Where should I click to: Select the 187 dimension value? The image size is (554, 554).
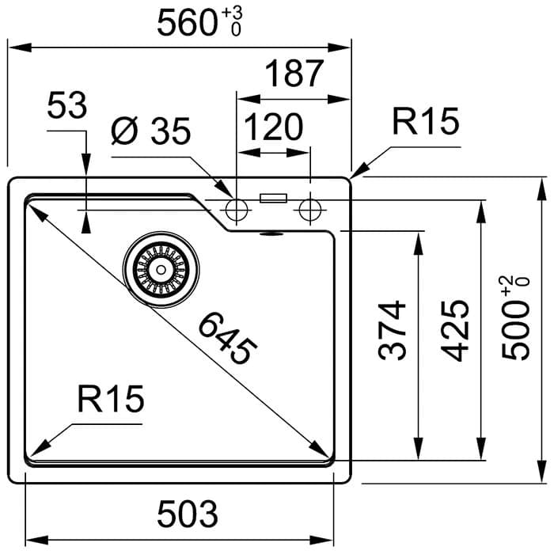click(294, 74)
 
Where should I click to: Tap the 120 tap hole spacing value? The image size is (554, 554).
click(273, 126)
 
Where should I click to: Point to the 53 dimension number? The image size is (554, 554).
click(66, 105)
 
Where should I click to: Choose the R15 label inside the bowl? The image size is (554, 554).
click(112, 400)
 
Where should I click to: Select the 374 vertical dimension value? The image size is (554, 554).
click(393, 330)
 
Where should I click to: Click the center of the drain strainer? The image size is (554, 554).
click(161, 269)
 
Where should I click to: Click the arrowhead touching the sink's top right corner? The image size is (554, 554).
click(356, 173)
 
